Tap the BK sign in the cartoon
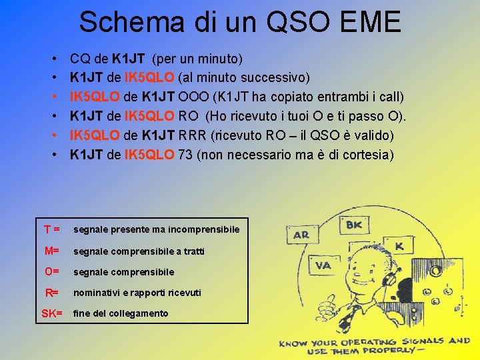(354, 225)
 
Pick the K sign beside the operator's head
(399, 246)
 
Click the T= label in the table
(52, 229)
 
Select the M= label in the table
(52, 251)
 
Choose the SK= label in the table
(51, 313)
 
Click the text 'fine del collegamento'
(121, 313)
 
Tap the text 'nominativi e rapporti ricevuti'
(137, 293)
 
